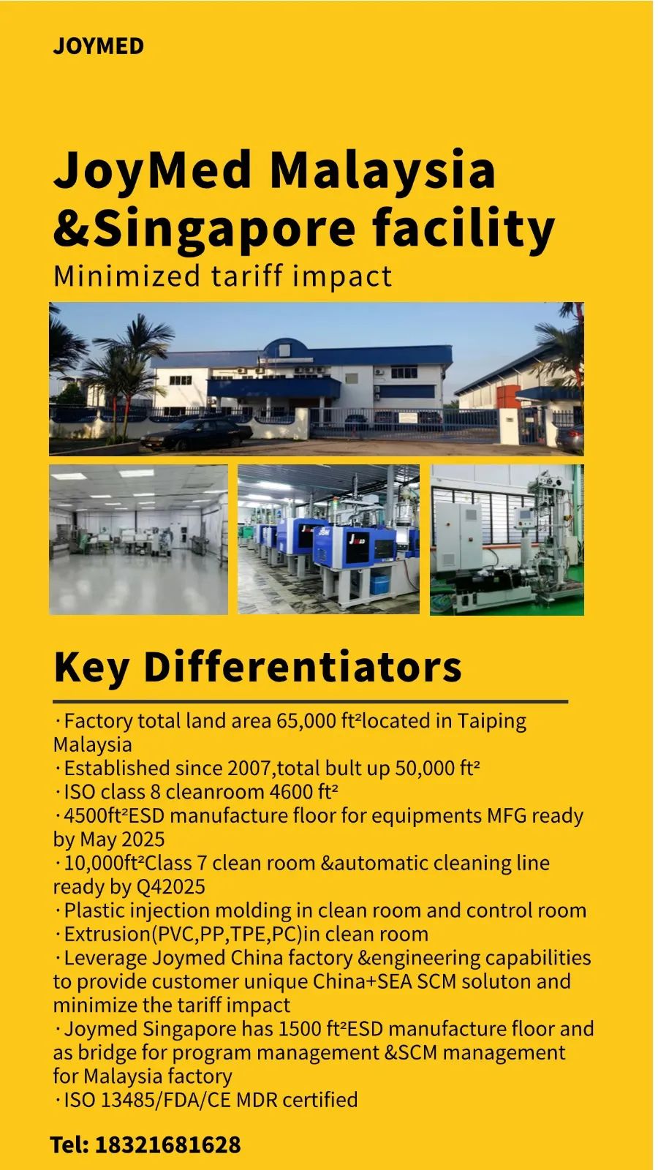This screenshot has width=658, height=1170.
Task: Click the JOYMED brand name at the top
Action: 98,46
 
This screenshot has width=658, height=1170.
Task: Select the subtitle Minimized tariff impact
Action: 222,276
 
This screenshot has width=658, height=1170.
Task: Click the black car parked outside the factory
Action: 197,434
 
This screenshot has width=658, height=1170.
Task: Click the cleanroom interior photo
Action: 138,540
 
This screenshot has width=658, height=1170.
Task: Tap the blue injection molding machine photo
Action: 328,540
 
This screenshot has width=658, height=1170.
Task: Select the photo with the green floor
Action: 507,540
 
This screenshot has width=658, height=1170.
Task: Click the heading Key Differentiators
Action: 257,667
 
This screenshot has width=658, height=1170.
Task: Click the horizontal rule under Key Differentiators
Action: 310,702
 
